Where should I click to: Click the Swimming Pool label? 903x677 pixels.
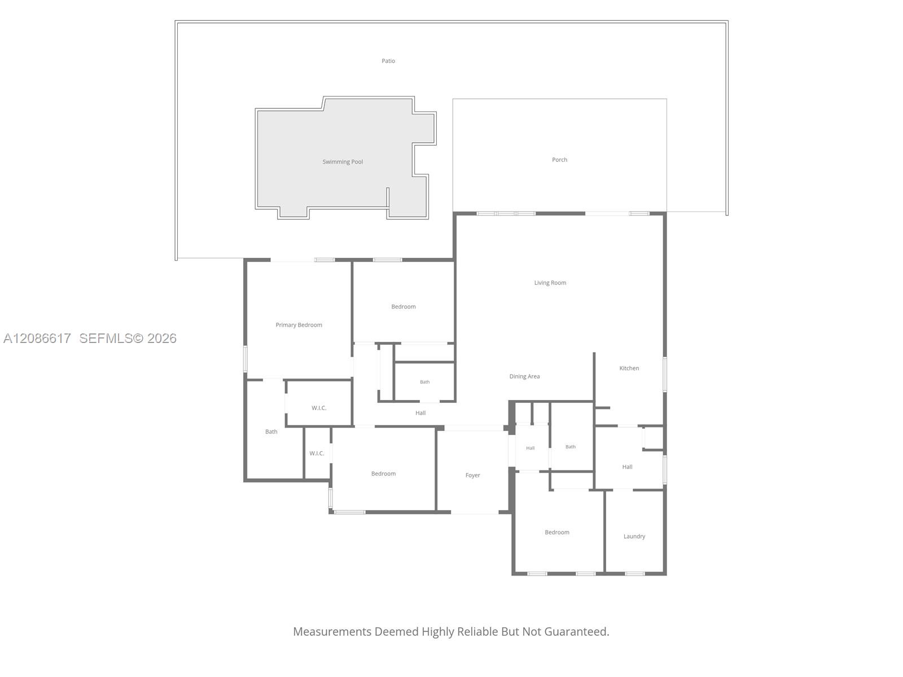click(342, 162)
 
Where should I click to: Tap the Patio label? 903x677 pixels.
click(388, 61)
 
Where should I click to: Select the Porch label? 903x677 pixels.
click(559, 160)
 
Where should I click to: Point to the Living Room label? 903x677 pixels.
click(550, 283)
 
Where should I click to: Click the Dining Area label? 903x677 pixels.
click(524, 376)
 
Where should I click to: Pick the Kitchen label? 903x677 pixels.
click(629, 368)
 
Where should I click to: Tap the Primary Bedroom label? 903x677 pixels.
click(299, 325)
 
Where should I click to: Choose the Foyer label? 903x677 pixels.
click(472, 475)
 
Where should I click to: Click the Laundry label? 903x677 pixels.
click(634, 537)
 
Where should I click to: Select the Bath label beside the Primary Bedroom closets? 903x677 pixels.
click(271, 432)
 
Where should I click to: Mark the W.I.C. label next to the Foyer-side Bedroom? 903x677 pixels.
click(317, 454)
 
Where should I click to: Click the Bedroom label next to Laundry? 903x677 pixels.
click(556, 533)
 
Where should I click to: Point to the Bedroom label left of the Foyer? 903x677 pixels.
click(383, 473)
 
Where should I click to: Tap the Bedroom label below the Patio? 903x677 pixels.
click(403, 307)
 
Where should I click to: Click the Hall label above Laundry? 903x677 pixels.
click(627, 467)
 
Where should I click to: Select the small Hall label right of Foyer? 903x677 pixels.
click(531, 448)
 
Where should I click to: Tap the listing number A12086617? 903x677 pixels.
click(37, 338)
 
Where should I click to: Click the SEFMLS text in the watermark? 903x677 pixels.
click(106, 338)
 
